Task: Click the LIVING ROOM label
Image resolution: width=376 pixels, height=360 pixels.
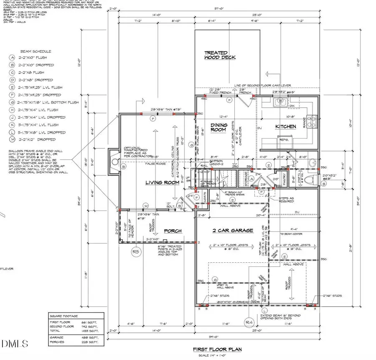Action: coord(162,183)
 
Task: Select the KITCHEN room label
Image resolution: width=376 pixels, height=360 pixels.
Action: coord(285,126)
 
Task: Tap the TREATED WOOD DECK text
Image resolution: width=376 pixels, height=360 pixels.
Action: coord(220,55)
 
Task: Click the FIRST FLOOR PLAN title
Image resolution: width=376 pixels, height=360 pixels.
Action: coord(218,350)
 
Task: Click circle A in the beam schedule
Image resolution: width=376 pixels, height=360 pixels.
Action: coord(12,58)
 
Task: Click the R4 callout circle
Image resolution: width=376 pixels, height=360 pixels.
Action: coord(249,322)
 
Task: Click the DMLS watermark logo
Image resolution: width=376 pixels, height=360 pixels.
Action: coord(14,344)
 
